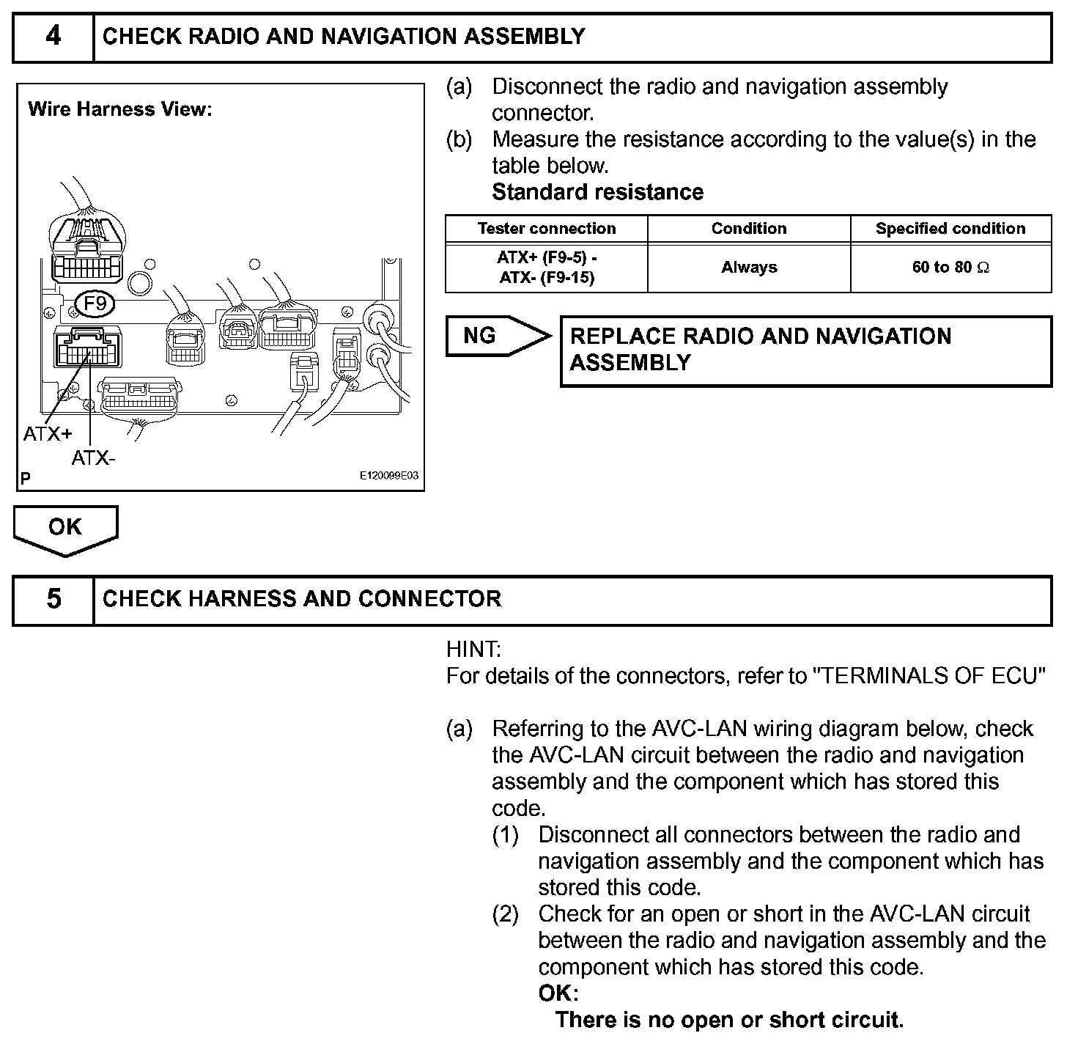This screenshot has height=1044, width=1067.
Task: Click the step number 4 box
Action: point(53,37)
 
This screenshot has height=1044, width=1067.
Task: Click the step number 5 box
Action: point(53,599)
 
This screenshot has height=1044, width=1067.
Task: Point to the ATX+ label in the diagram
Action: point(48,434)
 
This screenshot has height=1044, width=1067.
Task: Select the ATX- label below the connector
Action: point(93,458)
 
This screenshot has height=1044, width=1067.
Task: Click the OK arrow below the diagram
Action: point(65,528)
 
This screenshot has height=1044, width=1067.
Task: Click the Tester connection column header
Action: point(547,229)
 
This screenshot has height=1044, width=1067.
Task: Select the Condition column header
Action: point(748,229)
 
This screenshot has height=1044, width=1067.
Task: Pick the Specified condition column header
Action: point(950,229)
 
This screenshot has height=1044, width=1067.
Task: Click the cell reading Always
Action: point(748,268)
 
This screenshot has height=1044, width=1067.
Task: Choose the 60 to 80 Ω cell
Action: point(950,268)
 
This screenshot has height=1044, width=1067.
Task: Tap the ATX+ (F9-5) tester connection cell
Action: point(547,268)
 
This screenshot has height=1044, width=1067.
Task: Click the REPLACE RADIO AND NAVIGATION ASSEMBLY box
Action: point(805,350)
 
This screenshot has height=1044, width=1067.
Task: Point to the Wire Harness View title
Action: point(120,110)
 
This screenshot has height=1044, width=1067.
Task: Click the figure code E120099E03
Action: point(388,476)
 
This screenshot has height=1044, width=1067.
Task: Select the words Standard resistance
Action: point(597,192)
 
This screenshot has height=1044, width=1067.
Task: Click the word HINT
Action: point(473,650)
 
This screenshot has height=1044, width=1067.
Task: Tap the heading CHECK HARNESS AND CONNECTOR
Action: point(302,599)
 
